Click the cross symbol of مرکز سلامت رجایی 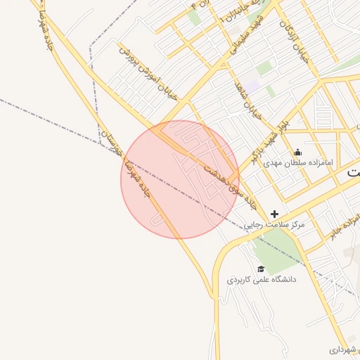[274, 214]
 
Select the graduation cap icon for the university [261, 269]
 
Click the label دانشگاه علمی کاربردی [262, 280]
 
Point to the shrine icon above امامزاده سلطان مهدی [297, 152]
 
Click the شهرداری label [345, 349]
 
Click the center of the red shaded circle [180, 179]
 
